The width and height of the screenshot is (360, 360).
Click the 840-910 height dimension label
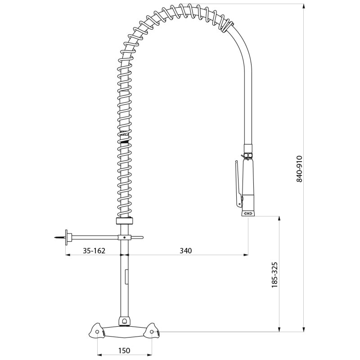pos(299,169)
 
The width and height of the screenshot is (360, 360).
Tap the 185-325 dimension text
pos(274,275)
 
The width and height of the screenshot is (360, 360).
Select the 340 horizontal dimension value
pos(185,251)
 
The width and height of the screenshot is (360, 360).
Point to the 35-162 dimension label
pos(94,251)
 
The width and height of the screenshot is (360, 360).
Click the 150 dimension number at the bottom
pos(124,351)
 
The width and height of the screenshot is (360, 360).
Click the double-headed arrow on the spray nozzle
pos(248,213)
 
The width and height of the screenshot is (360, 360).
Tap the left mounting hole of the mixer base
pos(97,332)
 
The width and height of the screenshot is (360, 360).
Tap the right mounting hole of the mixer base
pos(152,332)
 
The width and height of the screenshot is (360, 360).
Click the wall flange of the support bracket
pos(67,238)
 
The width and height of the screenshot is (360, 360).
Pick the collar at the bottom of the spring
pos(125,221)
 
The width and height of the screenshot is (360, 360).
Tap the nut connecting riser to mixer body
pos(125,321)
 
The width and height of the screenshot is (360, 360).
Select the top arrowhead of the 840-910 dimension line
pos(304,6)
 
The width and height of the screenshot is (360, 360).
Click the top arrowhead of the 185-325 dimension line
pos(279,219)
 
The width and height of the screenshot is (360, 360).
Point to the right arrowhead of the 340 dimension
pos(246,255)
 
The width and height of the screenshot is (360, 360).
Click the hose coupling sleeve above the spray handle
pos(248,148)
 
